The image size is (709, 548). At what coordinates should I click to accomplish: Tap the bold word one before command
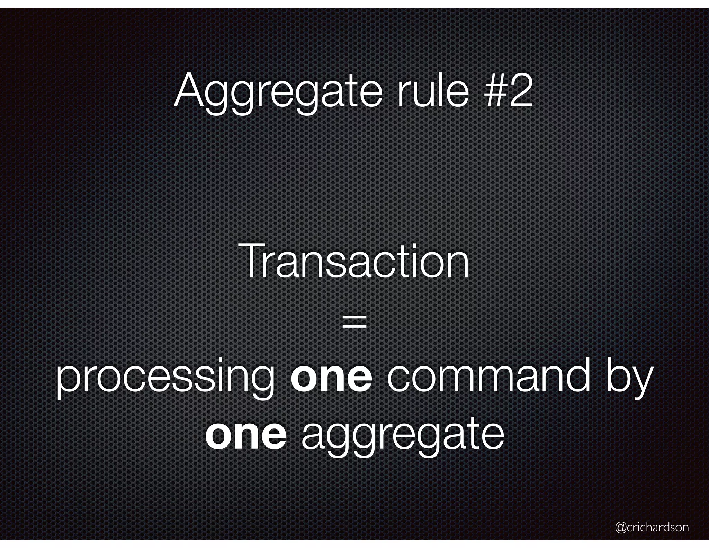332,379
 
